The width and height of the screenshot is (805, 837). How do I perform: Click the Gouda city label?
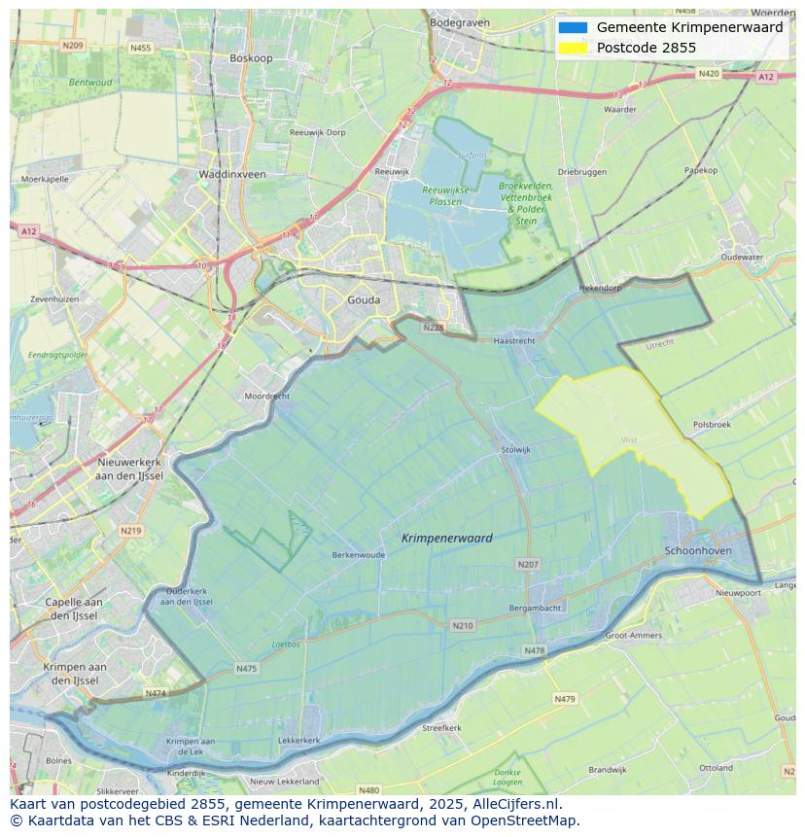coord(364,300)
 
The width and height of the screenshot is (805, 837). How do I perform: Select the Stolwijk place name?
coord(515,449)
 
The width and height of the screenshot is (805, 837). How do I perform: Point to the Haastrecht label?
coord(514,341)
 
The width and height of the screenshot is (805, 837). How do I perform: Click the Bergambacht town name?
coord(535,608)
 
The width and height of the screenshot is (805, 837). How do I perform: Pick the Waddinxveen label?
coord(231,174)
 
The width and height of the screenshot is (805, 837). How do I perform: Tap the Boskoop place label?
coord(251,58)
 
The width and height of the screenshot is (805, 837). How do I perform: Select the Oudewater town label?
coord(742,258)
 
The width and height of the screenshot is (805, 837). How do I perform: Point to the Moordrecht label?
coord(266,397)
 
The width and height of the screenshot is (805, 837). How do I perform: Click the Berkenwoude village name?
coord(359,555)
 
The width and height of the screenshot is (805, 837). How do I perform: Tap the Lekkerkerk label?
coord(298,740)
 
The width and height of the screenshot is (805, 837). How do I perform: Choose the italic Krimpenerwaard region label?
coord(446,538)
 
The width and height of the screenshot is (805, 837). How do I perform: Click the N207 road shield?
coord(528,564)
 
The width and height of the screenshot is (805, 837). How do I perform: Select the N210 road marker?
coord(463,625)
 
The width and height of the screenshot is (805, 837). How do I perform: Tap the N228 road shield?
coord(434,328)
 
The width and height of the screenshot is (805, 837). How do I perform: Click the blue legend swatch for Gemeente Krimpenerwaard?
coord(573,28)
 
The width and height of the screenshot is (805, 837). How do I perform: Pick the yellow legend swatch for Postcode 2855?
coord(573,48)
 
